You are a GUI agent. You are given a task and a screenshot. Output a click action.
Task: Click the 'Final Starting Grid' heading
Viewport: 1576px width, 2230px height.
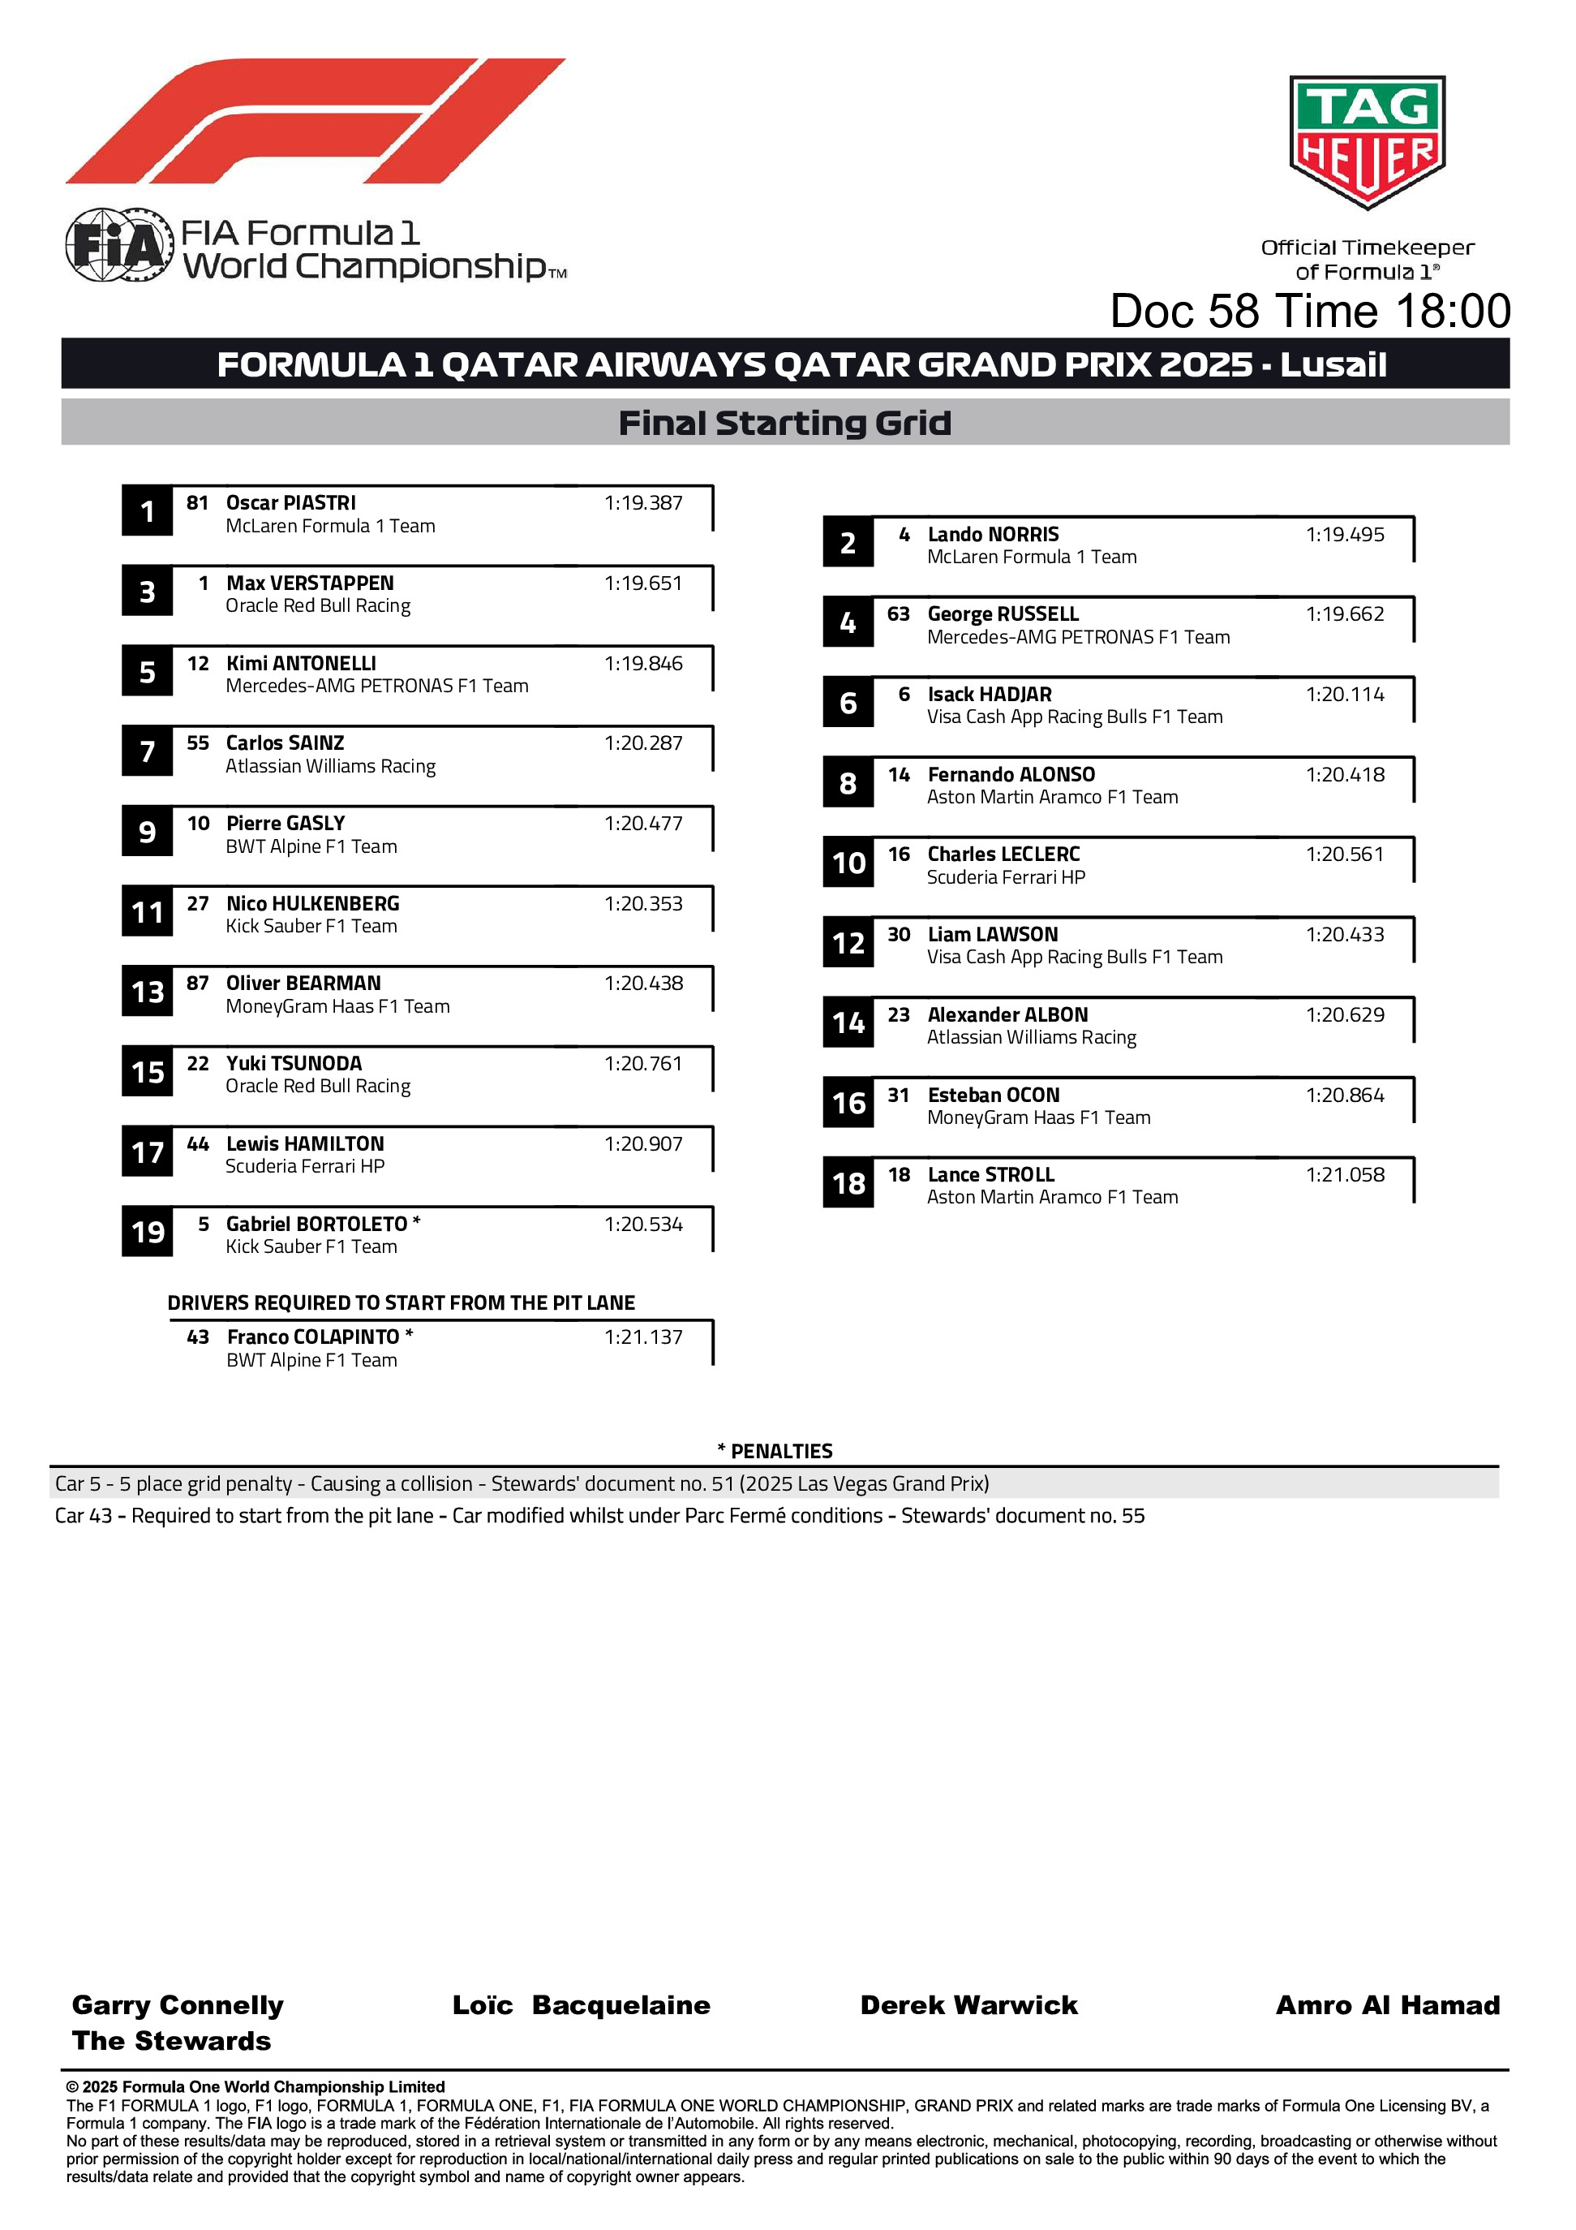(x=784, y=424)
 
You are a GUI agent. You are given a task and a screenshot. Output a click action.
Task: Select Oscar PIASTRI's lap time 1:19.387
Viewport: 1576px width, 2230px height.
(x=643, y=503)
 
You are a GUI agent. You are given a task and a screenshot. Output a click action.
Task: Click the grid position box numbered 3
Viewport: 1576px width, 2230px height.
(x=147, y=592)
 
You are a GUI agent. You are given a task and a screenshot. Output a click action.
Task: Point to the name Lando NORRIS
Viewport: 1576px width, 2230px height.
(x=993, y=534)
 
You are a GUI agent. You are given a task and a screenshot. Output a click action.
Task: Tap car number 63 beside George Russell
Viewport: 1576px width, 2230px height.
(x=898, y=613)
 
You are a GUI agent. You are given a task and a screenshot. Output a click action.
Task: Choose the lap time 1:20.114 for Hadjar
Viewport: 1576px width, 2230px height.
(x=1344, y=695)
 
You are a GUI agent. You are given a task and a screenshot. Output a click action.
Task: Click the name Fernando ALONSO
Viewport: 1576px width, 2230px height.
(x=1010, y=775)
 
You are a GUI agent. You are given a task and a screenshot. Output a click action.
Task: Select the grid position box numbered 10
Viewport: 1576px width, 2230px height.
(x=848, y=863)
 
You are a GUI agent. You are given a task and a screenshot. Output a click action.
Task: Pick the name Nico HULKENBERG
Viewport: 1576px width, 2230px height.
(x=311, y=903)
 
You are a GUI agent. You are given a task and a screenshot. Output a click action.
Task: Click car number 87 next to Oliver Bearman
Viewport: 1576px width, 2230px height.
(x=197, y=983)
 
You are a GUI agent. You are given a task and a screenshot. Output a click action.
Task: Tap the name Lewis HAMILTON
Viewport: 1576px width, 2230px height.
(x=305, y=1144)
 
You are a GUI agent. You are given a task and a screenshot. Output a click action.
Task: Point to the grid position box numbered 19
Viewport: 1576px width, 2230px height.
(x=147, y=1232)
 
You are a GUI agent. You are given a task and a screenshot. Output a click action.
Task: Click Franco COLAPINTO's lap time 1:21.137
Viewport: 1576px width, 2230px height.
(x=643, y=1337)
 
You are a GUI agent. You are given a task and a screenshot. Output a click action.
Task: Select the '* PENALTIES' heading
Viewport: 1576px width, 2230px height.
(x=775, y=1451)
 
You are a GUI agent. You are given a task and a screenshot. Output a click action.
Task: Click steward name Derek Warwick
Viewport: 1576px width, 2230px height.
(x=968, y=2006)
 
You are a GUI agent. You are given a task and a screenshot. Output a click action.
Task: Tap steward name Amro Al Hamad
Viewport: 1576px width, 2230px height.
(x=1387, y=2006)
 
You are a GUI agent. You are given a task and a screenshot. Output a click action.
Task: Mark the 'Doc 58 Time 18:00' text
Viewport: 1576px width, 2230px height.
(x=1310, y=312)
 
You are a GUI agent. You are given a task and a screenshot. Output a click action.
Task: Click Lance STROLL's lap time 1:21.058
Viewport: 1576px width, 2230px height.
(x=1344, y=1175)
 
